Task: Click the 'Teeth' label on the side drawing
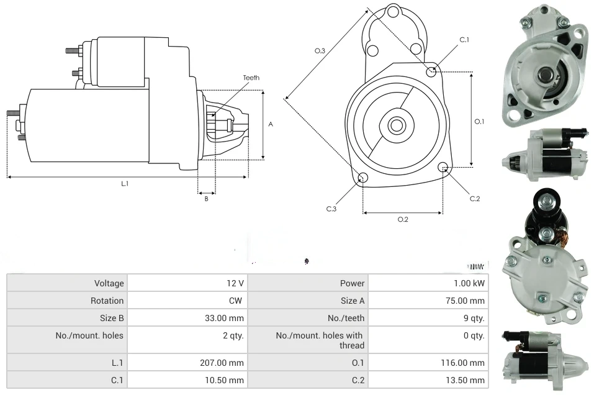click(x=251, y=78)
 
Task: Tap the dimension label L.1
click(x=125, y=183)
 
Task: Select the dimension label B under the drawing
click(x=206, y=199)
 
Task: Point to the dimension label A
click(x=271, y=124)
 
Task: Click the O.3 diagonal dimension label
click(x=320, y=51)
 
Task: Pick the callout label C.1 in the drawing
click(x=464, y=40)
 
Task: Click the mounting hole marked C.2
click(x=443, y=167)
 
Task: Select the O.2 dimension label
click(x=403, y=219)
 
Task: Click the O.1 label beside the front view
click(x=479, y=122)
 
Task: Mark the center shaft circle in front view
click(x=396, y=125)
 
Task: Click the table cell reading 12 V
click(x=235, y=283)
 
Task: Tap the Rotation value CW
click(x=237, y=301)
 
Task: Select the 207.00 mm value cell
click(x=228, y=363)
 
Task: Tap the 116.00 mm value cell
click(x=469, y=363)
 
